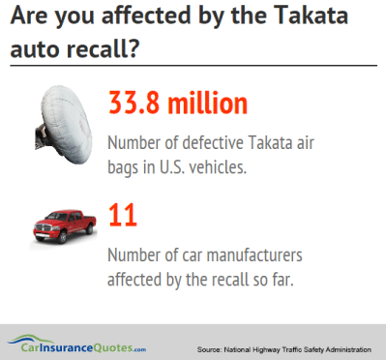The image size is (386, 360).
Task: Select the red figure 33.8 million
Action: pos(179,105)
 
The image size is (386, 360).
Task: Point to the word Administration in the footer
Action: pos(341,346)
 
